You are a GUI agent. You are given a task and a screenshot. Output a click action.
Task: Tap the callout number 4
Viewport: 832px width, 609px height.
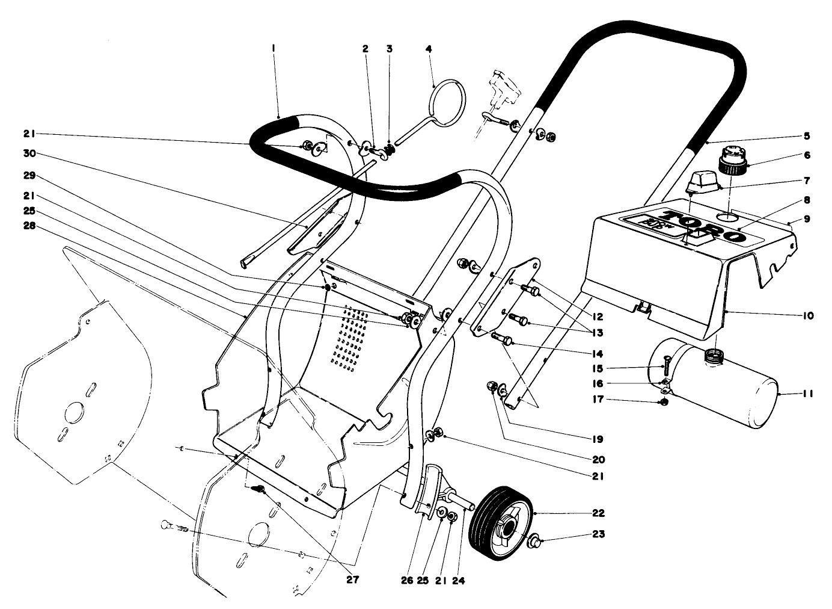pyautogui.click(x=429, y=48)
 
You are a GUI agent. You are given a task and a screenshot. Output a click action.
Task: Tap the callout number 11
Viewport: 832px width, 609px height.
pyautogui.click(x=807, y=394)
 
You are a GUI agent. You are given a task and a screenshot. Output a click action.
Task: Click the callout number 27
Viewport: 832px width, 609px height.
pyautogui.click(x=352, y=580)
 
